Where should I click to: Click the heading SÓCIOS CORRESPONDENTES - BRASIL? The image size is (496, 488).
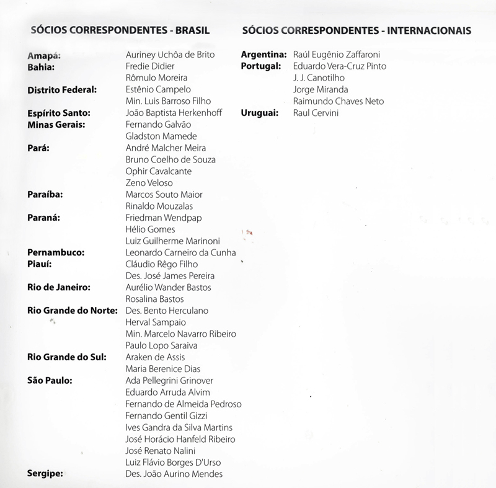(x=119, y=30)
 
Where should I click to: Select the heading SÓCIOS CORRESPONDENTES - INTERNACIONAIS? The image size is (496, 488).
(x=356, y=30)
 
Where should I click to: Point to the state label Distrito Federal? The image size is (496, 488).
(x=63, y=90)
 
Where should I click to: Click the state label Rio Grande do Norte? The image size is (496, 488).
(x=73, y=311)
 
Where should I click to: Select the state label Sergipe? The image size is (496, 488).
(x=46, y=474)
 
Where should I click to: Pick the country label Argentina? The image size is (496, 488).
(x=263, y=55)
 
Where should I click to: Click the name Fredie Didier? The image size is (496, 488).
(x=150, y=66)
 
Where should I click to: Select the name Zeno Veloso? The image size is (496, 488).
(x=149, y=183)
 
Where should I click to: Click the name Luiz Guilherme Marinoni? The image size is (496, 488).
(x=172, y=241)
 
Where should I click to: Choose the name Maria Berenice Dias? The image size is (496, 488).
(x=163, y=369)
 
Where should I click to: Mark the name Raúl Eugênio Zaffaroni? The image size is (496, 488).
(x=337, y=55)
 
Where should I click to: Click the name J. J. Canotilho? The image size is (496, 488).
(x=319, y=78)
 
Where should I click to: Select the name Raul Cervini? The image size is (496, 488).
(x=316, y=113)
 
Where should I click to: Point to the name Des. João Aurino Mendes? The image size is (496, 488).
(x=174, y=474)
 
